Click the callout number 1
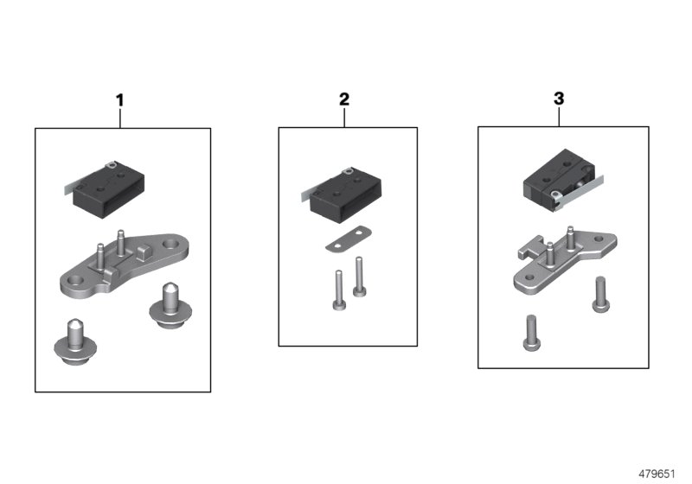(120, 100)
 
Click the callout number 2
(344, 99)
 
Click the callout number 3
(558, 99)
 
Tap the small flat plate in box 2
(347, 240)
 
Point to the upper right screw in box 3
(598, 294)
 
